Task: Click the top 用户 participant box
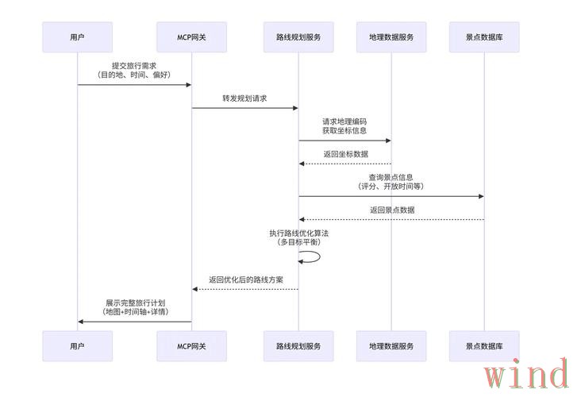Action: pos(77,37)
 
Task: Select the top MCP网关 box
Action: pos(191,37)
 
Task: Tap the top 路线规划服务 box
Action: pos(298,37)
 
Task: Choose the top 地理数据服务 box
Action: pos(391,37)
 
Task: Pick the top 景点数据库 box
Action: pos(484,37)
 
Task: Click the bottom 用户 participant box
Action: pos(77,346)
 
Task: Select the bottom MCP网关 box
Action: pos(191,346)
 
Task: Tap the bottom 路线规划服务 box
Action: pos(298,346)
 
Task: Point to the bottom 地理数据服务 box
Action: pos(391,346)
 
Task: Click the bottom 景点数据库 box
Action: pos(484,346)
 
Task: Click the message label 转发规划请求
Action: pos(244,98)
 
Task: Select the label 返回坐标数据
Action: pos(345,154)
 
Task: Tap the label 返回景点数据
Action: pos(391,210)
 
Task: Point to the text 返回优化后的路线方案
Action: pos(245,279)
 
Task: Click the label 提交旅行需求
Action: pos(134,65)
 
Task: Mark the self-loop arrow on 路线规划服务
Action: pos(311,256)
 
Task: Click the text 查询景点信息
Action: pos(390,177)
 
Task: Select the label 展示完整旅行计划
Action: pos(134,303)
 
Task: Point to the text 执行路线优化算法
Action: pos(298,233)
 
